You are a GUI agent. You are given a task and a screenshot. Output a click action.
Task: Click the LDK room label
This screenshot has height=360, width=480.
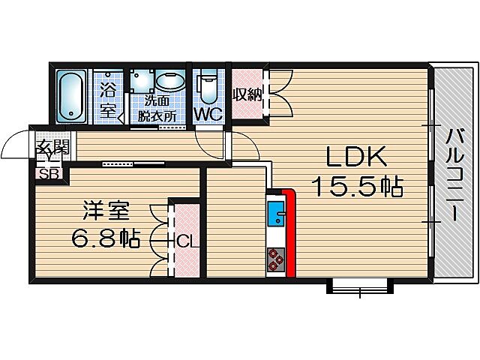(x=355, y=157)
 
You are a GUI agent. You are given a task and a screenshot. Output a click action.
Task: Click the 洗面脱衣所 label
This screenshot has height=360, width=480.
(x=157, y=109)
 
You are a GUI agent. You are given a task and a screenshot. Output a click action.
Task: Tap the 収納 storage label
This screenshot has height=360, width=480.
(x=245, y=94)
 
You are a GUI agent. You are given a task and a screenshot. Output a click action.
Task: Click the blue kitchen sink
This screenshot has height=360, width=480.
(x=274, y=213)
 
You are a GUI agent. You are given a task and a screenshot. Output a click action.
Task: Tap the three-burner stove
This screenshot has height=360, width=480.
(x=274, y=259)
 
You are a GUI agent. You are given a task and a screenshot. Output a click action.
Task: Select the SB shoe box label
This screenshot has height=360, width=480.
(x=49, y=174)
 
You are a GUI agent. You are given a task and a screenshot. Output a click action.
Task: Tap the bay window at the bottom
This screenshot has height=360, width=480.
(x=360, y=285)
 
